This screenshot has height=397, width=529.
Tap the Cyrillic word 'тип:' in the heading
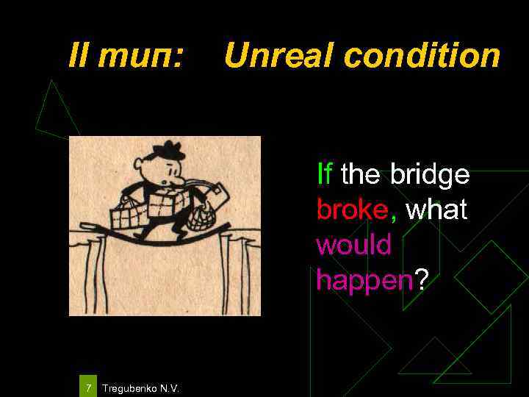tap(144, 55)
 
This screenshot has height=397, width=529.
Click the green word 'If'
tap(324, 174)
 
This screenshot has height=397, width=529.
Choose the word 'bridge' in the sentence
tap(430, 176)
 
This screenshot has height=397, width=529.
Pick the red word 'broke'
tap(352, 210)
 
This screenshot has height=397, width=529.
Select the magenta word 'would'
tap(353, 244)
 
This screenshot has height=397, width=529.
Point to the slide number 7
tap(88, 387)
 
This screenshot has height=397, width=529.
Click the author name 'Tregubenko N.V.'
tap(140, 387)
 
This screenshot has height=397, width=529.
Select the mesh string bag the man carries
tap(200, 215)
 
